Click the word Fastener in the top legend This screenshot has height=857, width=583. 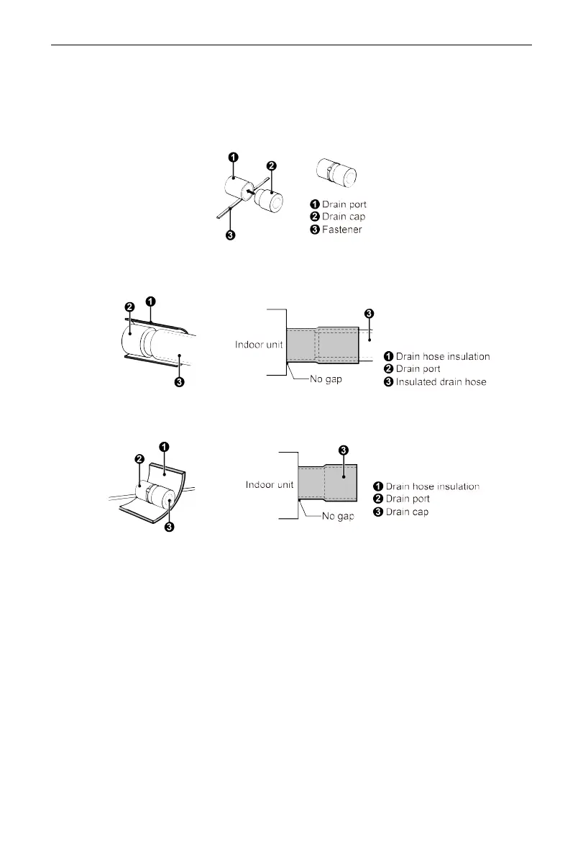pyautogui.click(x=342, y=230)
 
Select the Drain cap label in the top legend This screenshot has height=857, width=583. pyautogui.click(x=344, y=217)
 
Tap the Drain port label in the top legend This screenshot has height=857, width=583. pyautogui.click(x=344, y=205)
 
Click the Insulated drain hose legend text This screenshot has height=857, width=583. pyautogui.click(x=441, y=381)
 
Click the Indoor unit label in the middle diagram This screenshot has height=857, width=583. pyautogui.click(x=258, y=345)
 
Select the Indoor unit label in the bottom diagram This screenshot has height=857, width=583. pyautogui.click(x=269, y=484)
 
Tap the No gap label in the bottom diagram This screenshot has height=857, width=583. pyautogui.click(x=337, y=516)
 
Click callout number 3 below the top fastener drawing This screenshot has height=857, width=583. pyautogui.click(x=229, y=235)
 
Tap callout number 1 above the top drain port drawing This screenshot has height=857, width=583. pyautogui.click(x=234, y=157)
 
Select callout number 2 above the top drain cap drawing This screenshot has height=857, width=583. pyautogui.click(x=271, y=166)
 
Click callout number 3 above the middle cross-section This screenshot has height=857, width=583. pyautogui.click(x=369, y=313)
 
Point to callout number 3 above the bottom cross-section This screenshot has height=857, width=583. pyautogui.click(x=344, y=450)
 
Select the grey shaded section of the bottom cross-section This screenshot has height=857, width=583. pyautogui.click(x=327, y=483)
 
